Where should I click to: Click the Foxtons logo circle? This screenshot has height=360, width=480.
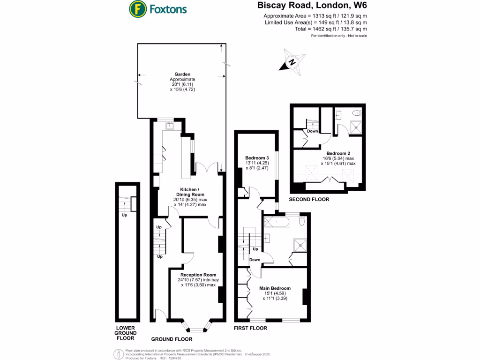137,8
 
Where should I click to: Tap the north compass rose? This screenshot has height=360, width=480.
292,62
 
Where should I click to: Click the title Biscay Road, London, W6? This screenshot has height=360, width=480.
312,6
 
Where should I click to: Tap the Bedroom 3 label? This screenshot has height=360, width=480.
257,157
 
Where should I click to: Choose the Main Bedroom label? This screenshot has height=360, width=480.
275,288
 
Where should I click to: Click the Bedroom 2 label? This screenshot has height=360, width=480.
338,153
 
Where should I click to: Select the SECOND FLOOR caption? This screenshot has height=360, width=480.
309,199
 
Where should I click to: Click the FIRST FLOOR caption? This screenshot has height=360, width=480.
250,328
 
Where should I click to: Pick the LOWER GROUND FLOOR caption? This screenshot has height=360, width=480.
125,333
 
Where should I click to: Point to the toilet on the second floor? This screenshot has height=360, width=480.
357,112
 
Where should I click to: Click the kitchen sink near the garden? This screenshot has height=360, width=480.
170,126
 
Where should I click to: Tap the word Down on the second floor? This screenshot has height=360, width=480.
313,131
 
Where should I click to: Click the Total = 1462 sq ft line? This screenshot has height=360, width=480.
315,29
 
